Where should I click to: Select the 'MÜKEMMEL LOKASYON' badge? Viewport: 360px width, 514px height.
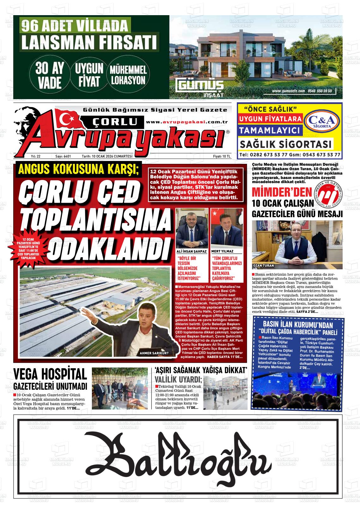pyautogui.click(x=128, y=75)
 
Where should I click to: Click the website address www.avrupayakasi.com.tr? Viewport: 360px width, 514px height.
pyautogui.click(x=187, y=122)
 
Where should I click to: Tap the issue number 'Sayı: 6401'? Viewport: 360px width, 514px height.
pyautogui.click(x=63, y=156)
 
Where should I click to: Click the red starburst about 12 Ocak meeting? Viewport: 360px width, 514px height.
pyautogui.click(x=28, y=249)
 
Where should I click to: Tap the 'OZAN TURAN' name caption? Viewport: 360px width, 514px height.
pyautogui.click(x=263, y=266)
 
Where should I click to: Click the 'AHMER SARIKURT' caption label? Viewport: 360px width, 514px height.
pyautogui.click(x=154, y=353)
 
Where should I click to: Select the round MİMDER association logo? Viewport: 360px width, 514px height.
pyautogui.click(x=328, y=197)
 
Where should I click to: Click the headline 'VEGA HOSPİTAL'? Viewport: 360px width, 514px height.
pyautogui.click(x=50, y=374)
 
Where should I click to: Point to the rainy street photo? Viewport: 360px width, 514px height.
pyautogui.click(x=225, y=392)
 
